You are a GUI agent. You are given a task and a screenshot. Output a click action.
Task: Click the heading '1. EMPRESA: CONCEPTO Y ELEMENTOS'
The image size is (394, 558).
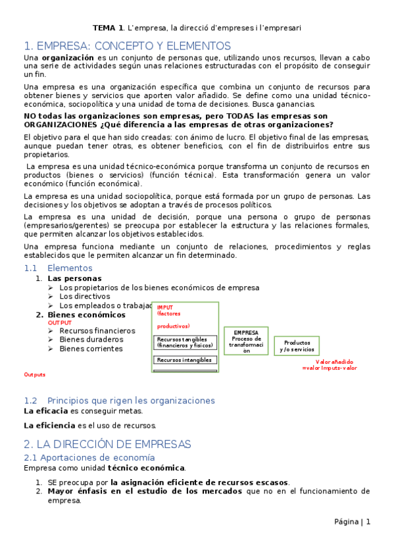coord(127,46)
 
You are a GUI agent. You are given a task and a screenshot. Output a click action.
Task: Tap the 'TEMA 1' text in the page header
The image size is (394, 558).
coord(108,28)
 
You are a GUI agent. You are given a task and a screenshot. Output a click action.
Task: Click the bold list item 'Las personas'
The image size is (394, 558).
coord(74,278)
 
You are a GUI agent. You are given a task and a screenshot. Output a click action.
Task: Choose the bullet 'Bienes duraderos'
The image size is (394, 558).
coord(91,340)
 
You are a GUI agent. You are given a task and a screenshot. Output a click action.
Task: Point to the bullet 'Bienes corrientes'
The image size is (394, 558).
coord(91,349)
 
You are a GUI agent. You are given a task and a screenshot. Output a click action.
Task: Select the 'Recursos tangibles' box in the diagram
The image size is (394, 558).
coord(185,342)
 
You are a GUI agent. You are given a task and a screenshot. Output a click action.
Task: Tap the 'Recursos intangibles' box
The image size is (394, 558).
coord(185,360)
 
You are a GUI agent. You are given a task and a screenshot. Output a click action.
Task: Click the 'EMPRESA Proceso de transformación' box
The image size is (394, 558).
coord(246,342)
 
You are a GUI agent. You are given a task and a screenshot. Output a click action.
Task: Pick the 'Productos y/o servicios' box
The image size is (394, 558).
coord(297,346)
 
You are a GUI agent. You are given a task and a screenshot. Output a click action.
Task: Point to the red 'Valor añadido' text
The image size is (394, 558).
coord(334,362)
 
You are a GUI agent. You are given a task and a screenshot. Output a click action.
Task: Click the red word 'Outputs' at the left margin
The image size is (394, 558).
coord(35,374)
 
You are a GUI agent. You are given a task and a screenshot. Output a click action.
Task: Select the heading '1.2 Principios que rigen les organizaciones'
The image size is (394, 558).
coord(119,400)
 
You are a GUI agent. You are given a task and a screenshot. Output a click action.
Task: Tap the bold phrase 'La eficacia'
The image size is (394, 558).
coord(45,411)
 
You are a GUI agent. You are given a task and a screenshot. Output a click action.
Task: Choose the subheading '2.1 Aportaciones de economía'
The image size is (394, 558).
coord(89,457)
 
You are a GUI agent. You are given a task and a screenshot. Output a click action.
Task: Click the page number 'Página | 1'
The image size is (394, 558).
coord(352,522)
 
